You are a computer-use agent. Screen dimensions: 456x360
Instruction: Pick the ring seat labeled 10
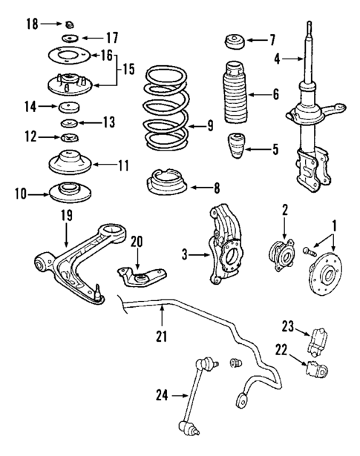coord(71,192)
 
